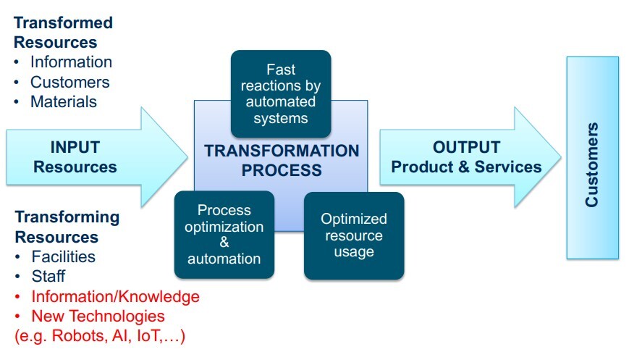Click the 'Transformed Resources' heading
[x=63, y=33]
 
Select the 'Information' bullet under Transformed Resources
[x=71, y=62]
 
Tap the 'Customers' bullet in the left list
[x=69, y=82]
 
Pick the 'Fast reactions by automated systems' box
[x=281, y=93]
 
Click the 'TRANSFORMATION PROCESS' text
[x=282, y=161]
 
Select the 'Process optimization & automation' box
[x=224, y=234]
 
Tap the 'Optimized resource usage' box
[x=354, y=235]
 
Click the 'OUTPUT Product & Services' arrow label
[x=466, y=157]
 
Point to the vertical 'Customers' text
[x=592, y=165]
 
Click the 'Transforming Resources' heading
[x=67, y=227]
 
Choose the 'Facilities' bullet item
[x=64, y=256]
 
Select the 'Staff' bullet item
[x=48, y=276]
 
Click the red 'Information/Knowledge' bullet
[x=115, y=296]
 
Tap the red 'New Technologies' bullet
[x=98, y=316]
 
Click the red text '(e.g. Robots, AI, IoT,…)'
[x=100, y=336]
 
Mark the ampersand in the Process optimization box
[x=224, y=243]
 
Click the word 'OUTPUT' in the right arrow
[x=466, y=148]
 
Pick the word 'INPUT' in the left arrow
[x=75, y=148]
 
